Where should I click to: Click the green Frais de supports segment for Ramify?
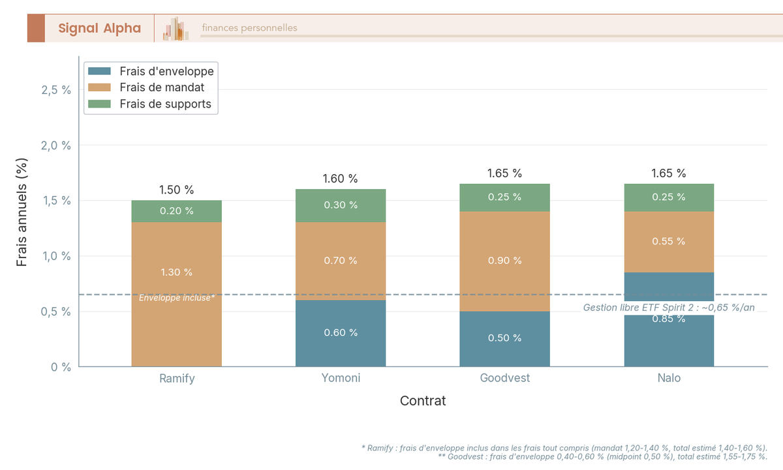point(176,211)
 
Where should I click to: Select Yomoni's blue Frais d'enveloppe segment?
point(341,333)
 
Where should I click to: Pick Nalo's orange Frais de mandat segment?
point(669,242)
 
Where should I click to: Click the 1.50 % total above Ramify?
point(176,190)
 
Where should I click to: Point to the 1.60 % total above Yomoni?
point(341,179)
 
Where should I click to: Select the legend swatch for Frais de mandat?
point(100,87)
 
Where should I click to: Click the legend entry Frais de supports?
point(165,104)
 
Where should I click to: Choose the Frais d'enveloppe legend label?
point(166,71)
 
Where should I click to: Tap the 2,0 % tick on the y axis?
point(56,145)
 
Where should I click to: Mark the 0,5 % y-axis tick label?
point(56,312)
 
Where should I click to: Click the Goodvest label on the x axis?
point(504,378)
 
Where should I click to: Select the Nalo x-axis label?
point(669,378)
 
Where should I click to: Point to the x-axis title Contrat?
point(423,401)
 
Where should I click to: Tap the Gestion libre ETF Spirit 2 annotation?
point(669,307)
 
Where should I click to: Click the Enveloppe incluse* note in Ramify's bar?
point(176,298)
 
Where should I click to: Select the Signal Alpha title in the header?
point(99,28)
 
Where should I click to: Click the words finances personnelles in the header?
point(249,28)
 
